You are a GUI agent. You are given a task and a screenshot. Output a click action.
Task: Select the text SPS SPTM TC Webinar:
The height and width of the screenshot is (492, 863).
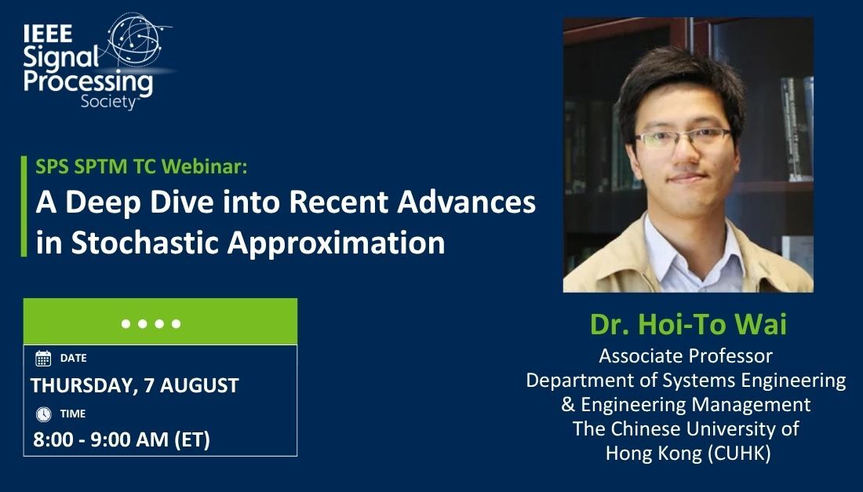click(x=141, y=166)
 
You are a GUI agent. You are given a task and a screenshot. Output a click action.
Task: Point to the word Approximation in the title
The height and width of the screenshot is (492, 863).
click(x=337, y=242)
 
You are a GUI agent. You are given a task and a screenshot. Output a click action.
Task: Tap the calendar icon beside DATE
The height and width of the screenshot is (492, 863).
click(x=43, y=359)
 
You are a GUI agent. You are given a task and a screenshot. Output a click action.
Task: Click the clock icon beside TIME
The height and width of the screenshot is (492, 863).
click(x=43, y=414)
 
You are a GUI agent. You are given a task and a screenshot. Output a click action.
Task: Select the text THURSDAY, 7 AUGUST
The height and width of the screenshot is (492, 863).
click(x=135, y=385)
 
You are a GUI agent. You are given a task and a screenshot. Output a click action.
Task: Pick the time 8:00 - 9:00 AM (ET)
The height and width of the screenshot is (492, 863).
click(x=122, y=440)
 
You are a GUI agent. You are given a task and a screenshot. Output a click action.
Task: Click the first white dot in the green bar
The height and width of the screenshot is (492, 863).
click(x=126, y=323)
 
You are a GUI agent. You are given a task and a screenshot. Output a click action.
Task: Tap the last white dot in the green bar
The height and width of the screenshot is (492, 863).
click(x=177, y=323)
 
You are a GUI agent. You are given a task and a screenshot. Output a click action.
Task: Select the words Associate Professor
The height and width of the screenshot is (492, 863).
click(x=686, y=356)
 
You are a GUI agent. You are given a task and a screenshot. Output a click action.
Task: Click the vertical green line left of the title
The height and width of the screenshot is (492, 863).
click(x=24, y=206)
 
